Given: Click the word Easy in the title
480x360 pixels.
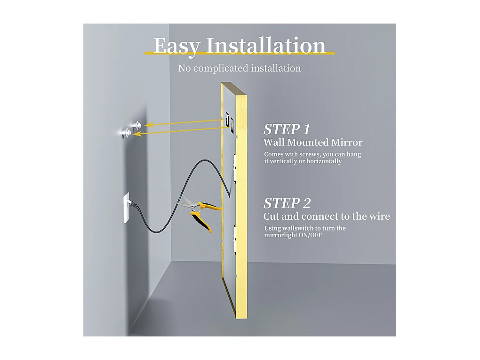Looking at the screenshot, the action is click(x=176, y=47).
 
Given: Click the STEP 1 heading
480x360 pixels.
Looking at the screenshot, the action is click(x=287, y=129).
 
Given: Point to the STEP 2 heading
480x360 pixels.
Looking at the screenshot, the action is click(x=287, y=203).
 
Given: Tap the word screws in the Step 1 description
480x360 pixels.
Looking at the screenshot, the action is click(x=306, y=154).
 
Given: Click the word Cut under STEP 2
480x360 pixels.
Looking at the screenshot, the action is click(x=271, y=216).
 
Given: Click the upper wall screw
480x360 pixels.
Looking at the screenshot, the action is click(x=136, y=124).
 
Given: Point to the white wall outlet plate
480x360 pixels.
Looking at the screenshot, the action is click(x=127, y=208).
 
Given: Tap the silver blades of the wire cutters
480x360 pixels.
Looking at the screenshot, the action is click(x=186, y=203).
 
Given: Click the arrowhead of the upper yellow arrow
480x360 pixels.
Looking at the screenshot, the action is click(x=148, y=125).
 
